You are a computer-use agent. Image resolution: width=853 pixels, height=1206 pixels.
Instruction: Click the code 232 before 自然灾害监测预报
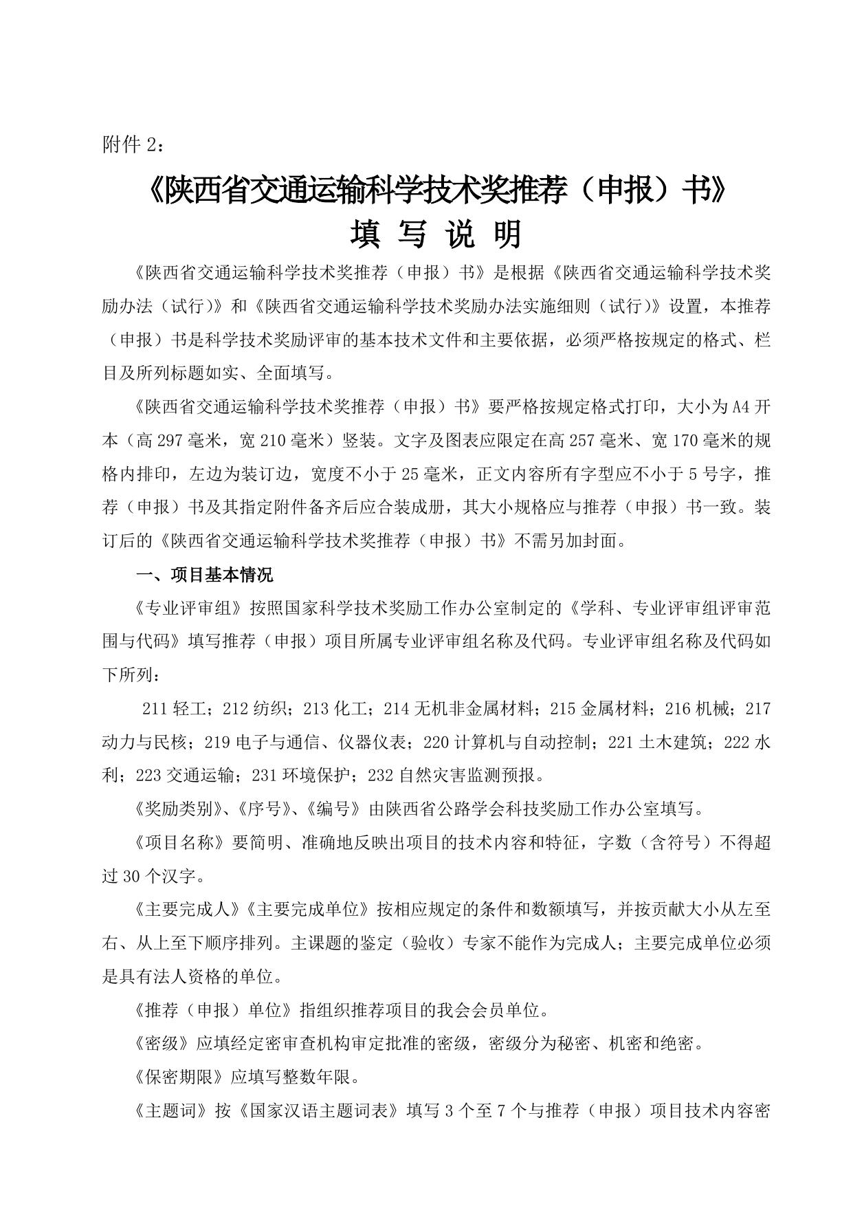pos(381,776)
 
